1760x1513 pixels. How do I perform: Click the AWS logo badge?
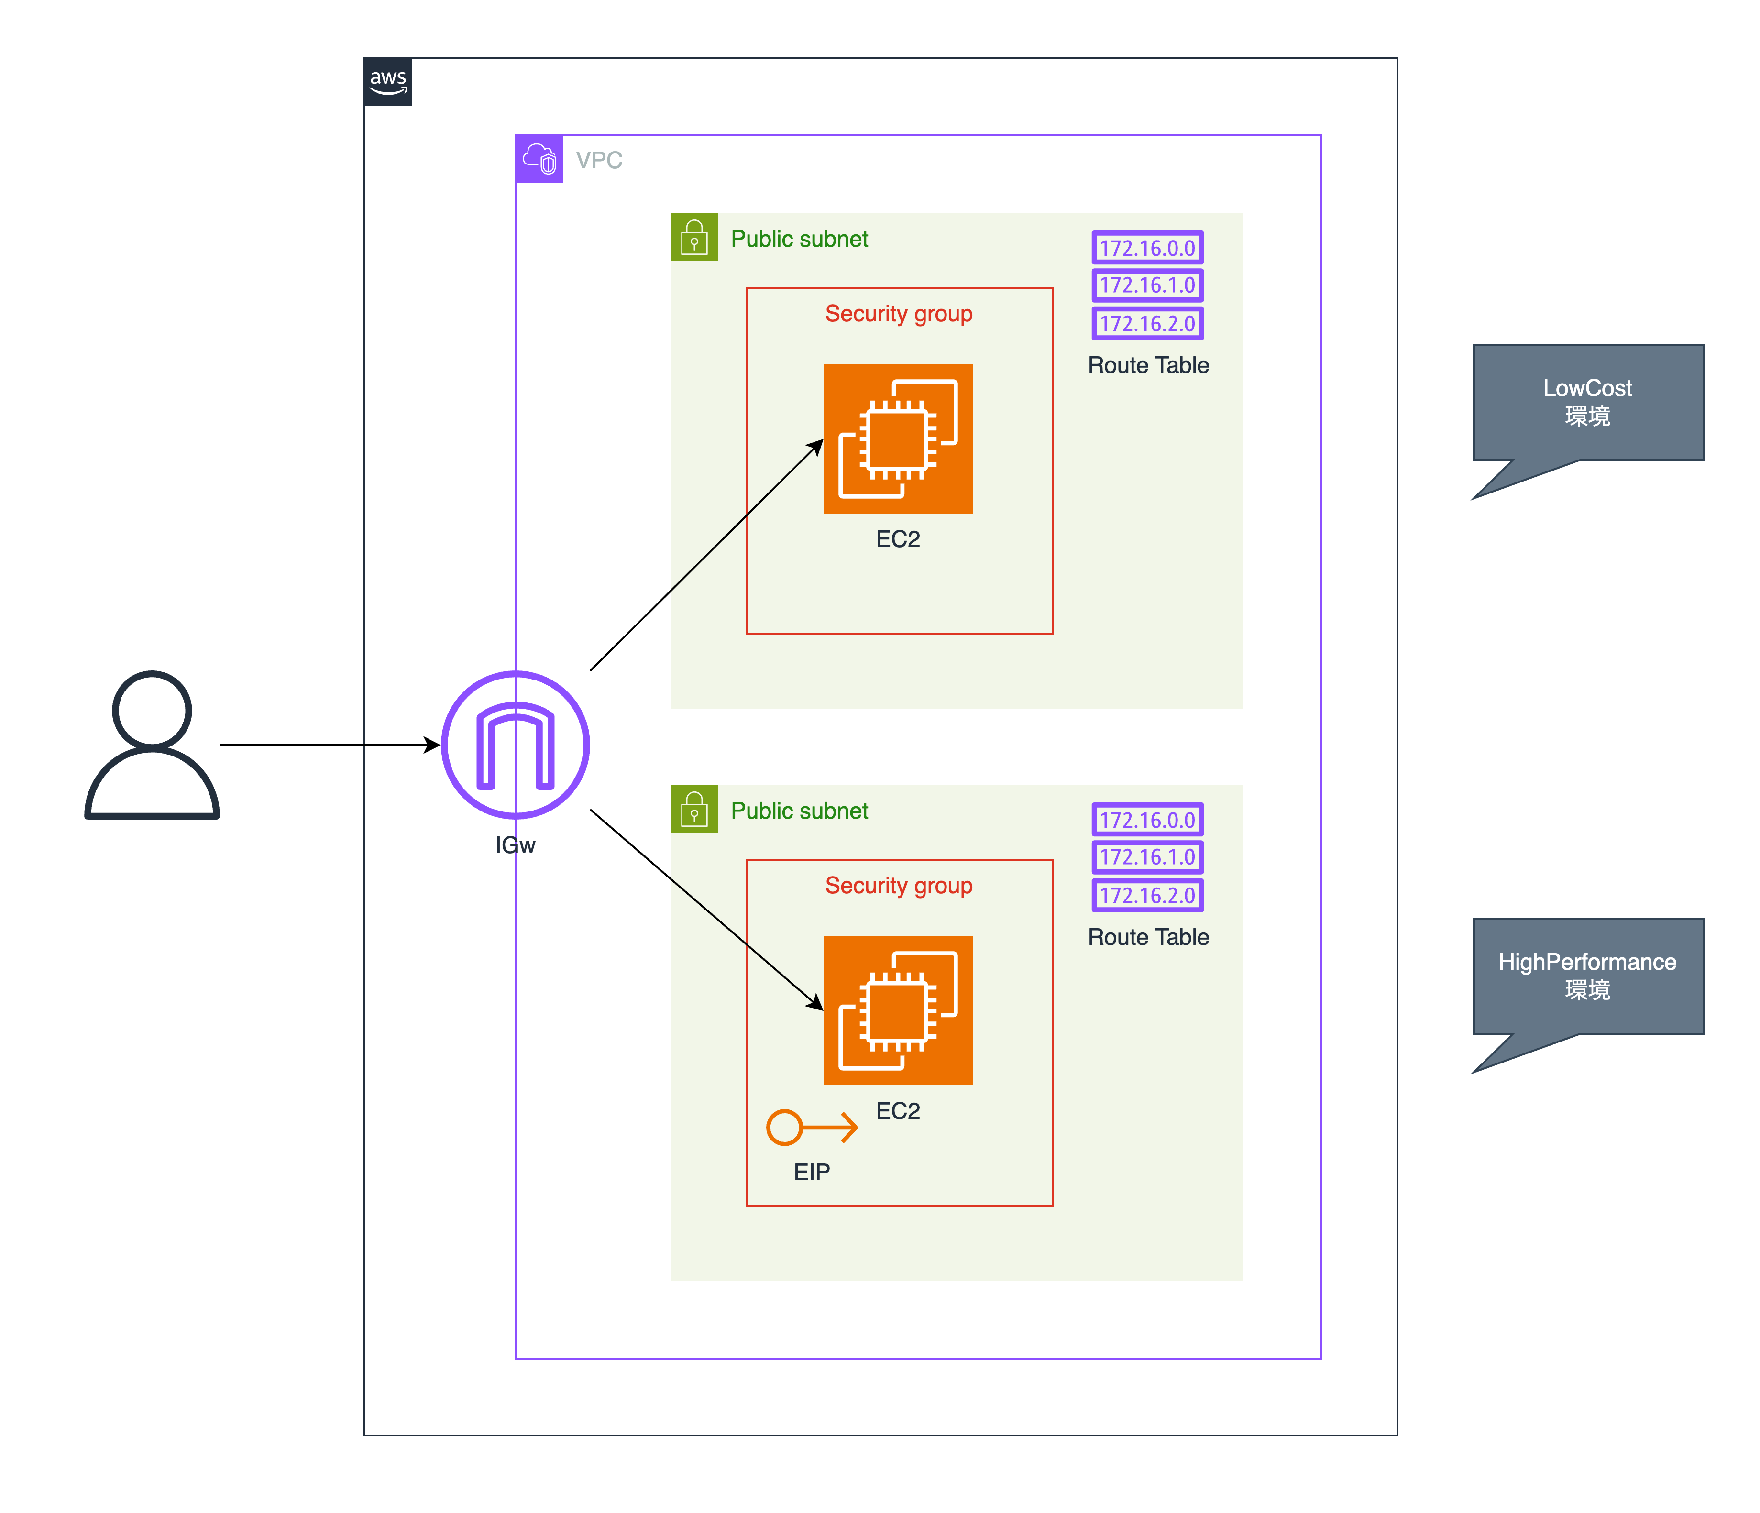pyautogui.click(x=388, y=82)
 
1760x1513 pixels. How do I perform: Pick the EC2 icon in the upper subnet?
pyautogui.click(x=898, y=439)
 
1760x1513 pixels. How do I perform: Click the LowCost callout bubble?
pyautogui.click(x=1587, y=403)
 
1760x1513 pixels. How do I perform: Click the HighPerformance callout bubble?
pyautogui.click(x=1587, y=976)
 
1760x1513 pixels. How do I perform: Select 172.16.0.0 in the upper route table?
pyautogui.click(x=1147, y=248)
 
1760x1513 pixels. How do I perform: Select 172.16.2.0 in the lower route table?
pyautogui.click(x=1147, y=895)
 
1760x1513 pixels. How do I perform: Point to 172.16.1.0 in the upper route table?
pyautogui.click(x=1147, y=285)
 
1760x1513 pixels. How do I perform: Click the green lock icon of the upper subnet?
pyautogui.click(x=694, y=237)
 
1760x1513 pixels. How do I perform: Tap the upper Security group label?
pyautogui.click(x=899, y=314)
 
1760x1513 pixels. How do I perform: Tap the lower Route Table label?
pyautogui.click(x=1148, y=937)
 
